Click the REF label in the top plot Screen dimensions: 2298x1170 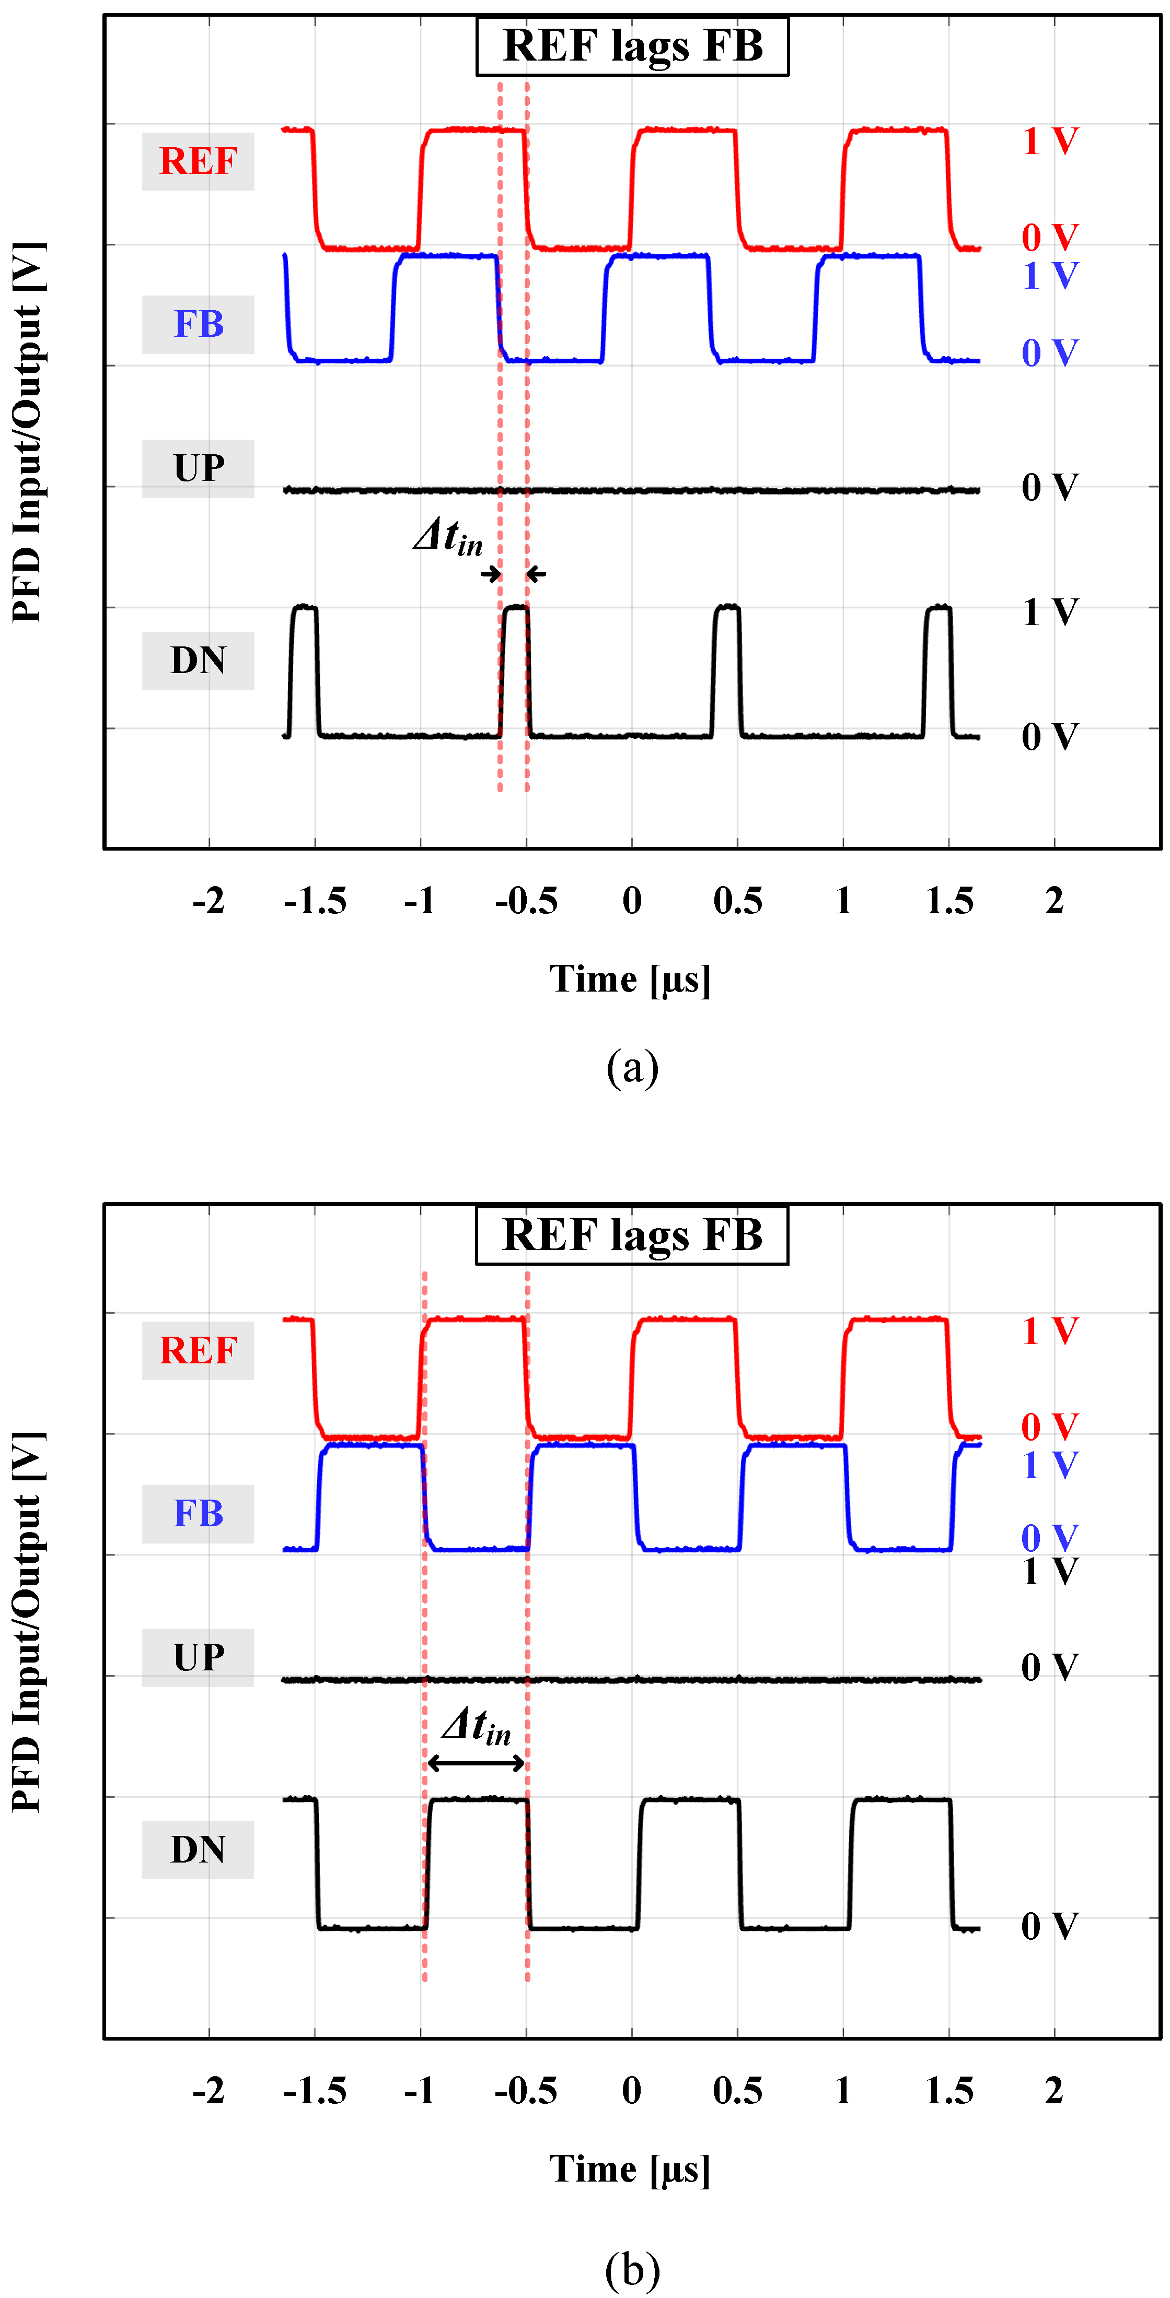(x=198, y=161)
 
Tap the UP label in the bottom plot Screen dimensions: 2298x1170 (x=198, y=1657)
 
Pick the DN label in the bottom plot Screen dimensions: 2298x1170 (x=198, y=1849)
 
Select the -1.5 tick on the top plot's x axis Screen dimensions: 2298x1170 (x=315, y=901)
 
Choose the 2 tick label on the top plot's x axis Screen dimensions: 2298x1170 (x=1054, y=901)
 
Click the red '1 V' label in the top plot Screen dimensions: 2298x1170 (x=1050, y=141)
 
